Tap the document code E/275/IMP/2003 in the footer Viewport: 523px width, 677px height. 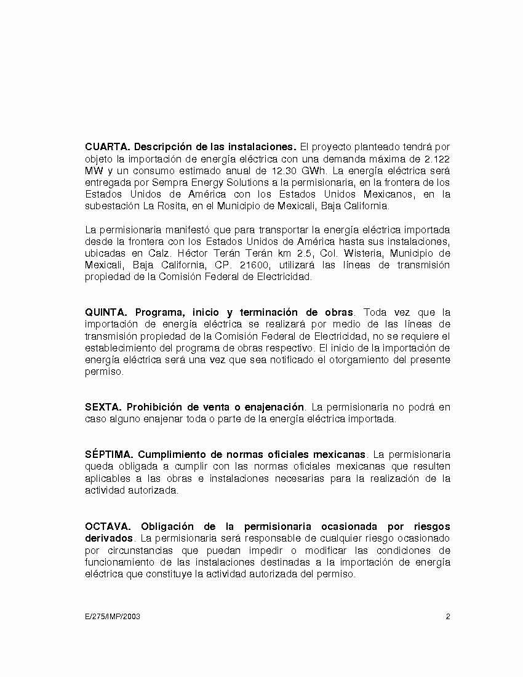point(113,616)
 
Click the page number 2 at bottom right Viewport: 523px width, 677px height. point(448,616)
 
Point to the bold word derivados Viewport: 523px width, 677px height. point(108,538)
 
